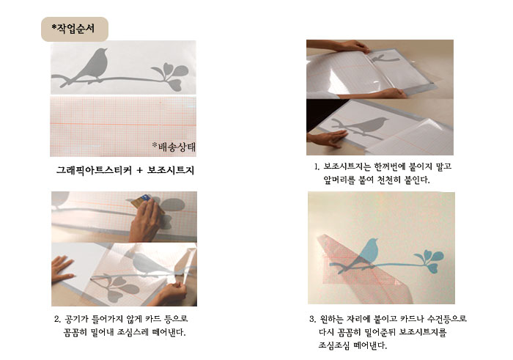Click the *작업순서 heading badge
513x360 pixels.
pos(75,29)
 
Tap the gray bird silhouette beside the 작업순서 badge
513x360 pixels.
pos(96,65)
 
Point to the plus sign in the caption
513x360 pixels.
pos(139,170)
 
